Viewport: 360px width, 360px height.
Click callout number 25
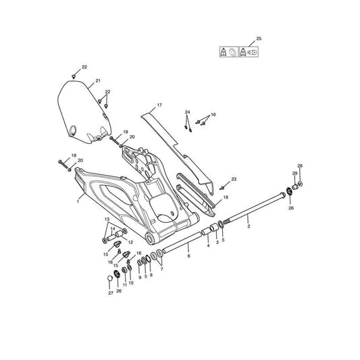259,38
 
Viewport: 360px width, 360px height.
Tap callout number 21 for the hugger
98,81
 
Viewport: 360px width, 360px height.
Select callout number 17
159,105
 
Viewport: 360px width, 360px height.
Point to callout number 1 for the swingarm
78,201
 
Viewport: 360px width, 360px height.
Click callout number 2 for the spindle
249,226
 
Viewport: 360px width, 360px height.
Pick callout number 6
188,256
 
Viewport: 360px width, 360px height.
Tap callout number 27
111,293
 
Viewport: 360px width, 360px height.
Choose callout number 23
234,179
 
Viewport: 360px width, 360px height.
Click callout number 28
300,165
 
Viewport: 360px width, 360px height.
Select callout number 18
226,197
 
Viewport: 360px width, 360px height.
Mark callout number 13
107,220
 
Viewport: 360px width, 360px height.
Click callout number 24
188,112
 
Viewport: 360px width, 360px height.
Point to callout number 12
130,242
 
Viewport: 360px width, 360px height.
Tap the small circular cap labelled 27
110,278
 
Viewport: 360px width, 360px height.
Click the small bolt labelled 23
222,188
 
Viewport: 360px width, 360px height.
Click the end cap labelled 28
300,184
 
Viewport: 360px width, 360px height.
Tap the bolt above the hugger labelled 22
74,76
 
